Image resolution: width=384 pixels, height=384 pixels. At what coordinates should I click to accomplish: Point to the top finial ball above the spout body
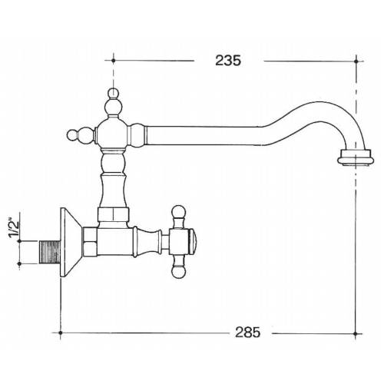tap(113, 96)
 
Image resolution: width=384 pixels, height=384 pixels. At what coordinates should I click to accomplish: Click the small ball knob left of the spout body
tap(74, 135)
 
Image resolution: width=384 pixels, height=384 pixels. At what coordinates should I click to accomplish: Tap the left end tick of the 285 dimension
tap(59, 333)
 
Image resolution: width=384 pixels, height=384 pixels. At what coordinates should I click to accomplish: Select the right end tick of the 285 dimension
tap(358, 333)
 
